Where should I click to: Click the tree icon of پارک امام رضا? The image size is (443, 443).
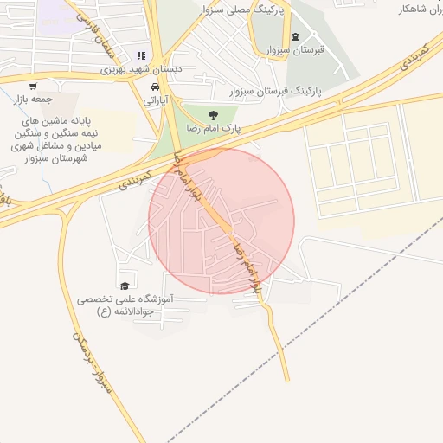[x=213, y=112]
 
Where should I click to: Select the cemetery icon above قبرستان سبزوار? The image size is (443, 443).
[x=297, y=37]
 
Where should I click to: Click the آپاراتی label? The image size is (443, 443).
[x=156, y=100]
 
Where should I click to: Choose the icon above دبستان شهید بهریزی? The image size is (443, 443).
[x=141, y=56]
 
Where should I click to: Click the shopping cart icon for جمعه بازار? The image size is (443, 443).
[x=33, y=86]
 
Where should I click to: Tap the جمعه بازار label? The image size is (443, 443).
[x=33, y=99]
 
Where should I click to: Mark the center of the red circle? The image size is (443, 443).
[x=221, y=221]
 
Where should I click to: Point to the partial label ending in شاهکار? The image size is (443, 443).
[x=420, y=9]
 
